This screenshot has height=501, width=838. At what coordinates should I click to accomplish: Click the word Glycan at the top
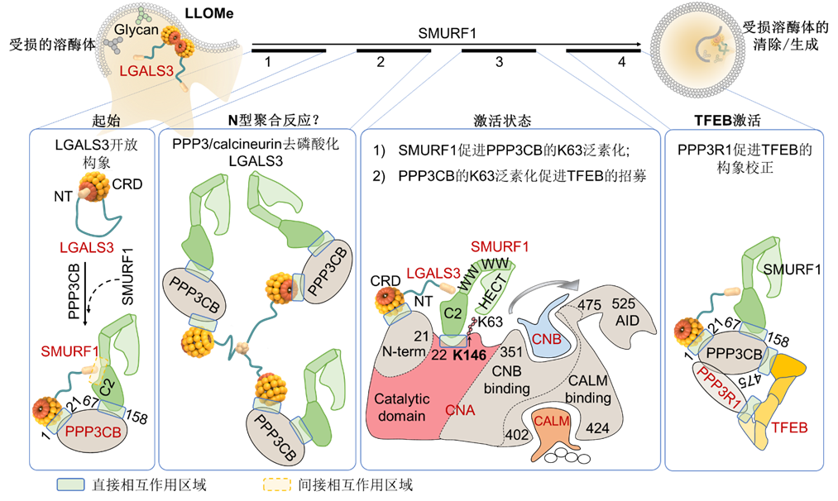point(136,29)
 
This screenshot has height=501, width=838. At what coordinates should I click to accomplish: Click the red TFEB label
point(790,427)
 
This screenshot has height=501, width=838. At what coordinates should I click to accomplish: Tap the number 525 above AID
point(623,303)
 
